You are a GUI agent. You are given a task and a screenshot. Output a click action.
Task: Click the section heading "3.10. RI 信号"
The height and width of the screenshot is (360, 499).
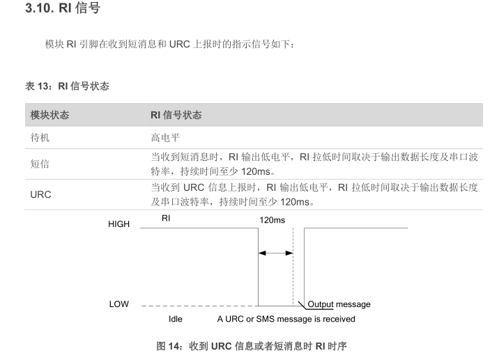coord(63,10)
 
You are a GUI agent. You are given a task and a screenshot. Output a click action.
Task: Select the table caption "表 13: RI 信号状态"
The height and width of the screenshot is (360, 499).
coord(67,86)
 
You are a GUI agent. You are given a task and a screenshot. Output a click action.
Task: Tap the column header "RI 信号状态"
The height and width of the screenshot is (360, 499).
coord(176,115)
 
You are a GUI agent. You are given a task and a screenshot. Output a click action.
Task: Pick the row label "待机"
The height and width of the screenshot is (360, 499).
coord(40,138)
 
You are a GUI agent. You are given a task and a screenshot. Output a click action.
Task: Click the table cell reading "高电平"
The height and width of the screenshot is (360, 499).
coord(164,138)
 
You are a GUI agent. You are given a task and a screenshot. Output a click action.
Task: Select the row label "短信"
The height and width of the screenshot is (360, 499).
coord(40,164)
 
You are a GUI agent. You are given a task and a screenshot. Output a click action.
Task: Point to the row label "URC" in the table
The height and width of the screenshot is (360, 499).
coord(41,195)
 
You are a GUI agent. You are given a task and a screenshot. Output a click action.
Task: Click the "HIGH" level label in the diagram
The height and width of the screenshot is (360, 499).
coord(118,224)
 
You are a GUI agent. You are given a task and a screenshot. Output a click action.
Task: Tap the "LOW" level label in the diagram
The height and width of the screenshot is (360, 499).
coord(118,304)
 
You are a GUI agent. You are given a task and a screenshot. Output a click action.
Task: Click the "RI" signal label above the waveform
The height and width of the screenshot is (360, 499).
coord(166,219)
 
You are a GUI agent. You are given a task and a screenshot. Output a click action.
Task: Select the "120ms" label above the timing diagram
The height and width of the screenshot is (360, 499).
coord(272,220)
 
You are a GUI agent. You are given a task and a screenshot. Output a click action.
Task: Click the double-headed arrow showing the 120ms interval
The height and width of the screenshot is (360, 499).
coord(276,253)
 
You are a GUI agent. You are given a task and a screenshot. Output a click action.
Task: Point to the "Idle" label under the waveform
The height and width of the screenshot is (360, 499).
coord(176,319)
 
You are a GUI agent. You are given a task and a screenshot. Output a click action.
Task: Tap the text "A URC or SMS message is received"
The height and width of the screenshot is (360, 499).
coord(286,319)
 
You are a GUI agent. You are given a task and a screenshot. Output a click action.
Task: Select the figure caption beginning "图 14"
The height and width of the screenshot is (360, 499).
coord(251,345)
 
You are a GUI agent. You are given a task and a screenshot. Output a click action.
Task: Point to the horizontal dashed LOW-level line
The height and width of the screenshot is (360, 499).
coord(199,305)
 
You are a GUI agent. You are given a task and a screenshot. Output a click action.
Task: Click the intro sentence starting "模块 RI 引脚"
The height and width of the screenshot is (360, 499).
coord(171,45)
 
